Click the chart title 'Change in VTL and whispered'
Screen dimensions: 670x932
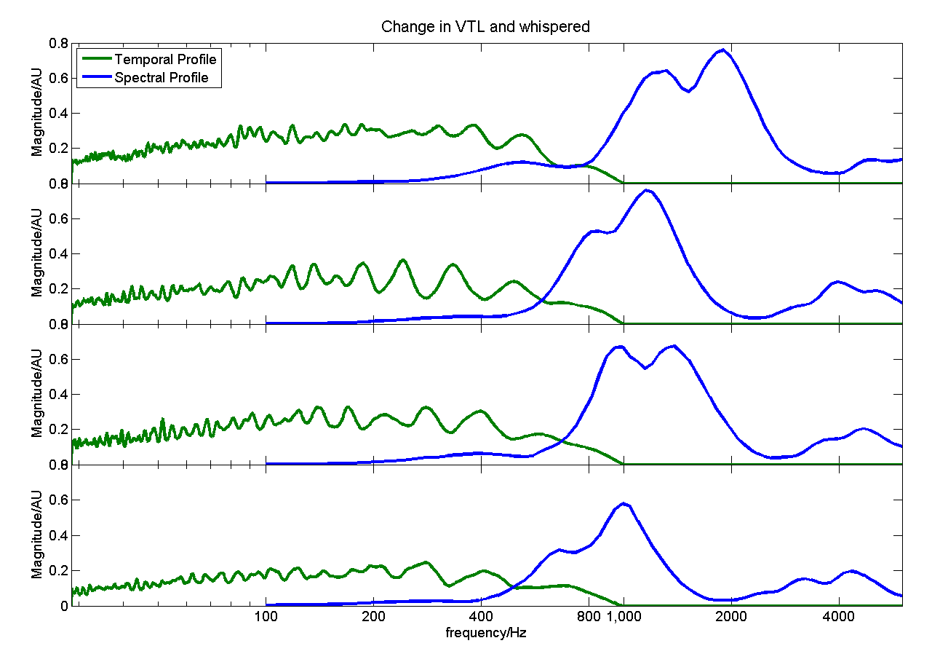coord(485,27)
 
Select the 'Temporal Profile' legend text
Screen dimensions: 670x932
coord(166,59)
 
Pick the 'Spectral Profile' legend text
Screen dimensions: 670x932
coord(167,78)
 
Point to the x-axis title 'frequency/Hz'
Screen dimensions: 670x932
coord(486,632)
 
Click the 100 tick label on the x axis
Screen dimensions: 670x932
coord(266,618)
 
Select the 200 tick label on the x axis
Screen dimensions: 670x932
coord(373,618)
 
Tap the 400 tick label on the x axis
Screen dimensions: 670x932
coord(481,618)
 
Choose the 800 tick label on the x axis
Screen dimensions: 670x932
coord(589,618)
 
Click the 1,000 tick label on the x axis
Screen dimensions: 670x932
coord(624,618)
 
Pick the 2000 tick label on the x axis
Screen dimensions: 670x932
coord(731,618)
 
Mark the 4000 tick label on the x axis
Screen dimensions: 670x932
coord(839,618)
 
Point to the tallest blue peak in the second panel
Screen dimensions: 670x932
coord(647,190)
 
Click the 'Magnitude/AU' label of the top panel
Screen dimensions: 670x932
coord(37,114)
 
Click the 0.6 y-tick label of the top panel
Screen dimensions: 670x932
coord(58,78)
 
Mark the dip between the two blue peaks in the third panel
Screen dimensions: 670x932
coord(645,368)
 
